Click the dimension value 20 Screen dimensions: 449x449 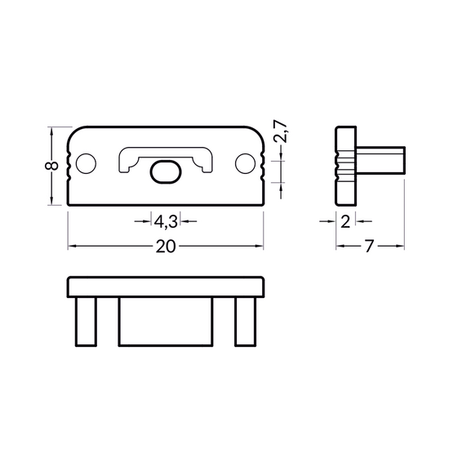coord(166,247)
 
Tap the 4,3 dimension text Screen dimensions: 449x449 coord(166,221)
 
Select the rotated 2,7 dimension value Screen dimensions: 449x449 coord(280,132)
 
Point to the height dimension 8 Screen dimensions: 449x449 coord(51,166)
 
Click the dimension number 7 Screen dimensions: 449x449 coord(370,247)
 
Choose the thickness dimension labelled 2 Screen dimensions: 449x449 coord(345,221)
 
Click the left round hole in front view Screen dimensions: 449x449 coord(86,163)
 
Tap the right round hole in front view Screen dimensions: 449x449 coord(245,163)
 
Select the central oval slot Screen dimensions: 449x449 coord(166,171)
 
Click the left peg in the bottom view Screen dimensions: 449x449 coord(86,322)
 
